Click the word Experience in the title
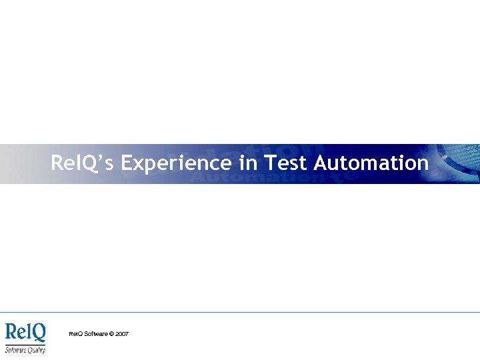pos(177,163)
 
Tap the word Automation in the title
pos(371,163)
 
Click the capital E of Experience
pos(128,163)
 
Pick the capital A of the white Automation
pos(321,163)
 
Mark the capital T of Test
pos(270,163)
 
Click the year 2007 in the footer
pos(122,333)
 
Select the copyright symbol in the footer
pos(111,333)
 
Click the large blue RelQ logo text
pos(25,333)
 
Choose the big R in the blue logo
pos(12,332)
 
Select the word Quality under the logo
pos(35,349)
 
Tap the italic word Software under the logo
pos(15,349)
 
